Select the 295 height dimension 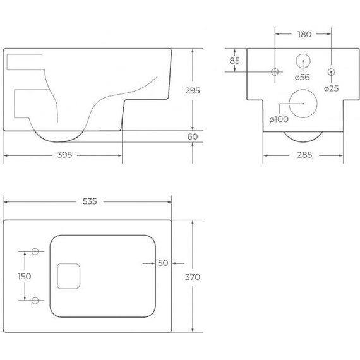[x=192, y=90]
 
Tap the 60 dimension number [x=192, y=136]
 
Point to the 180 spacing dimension [x=304, y=33]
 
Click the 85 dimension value [x=234, y=61]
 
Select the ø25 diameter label [x=332, y=88]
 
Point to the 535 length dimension [x=89, y=201]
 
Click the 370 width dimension [x=193, y=276]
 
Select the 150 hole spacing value [x=25, y=275]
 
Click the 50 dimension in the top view [x=163, y=263]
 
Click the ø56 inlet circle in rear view [x=303, y=62]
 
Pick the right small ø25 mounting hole [x=332, y=71]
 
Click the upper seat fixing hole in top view [x=35, y=251]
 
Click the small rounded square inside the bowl [x=69, y=275]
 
